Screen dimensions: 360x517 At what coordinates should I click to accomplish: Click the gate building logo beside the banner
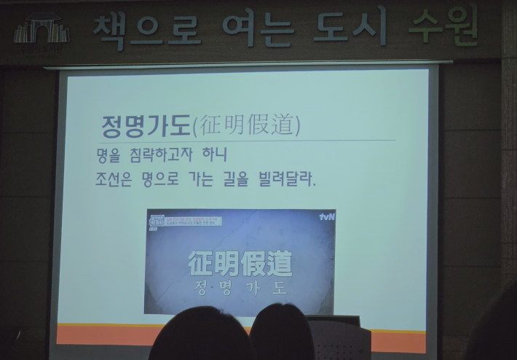click(41, 31)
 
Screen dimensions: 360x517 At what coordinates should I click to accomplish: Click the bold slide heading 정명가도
click(146, 125)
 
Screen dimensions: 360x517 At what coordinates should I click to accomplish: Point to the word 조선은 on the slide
click(114, 179)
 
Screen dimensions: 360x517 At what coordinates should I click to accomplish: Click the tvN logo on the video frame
click(325, 216)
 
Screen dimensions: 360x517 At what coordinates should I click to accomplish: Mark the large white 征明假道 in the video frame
click(240, 263)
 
